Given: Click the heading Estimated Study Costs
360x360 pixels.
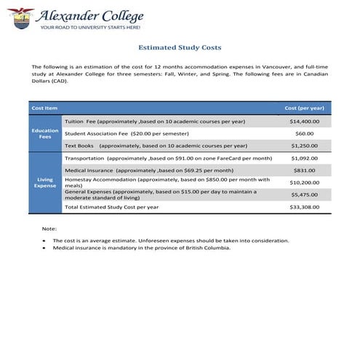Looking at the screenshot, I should [x=179, y=46].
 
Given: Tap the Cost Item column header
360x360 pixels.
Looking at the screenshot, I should [x=44, y=108].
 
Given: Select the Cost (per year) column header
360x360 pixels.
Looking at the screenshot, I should [x=304, y=108].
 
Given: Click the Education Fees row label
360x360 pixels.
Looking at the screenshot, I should [x=45, y=133].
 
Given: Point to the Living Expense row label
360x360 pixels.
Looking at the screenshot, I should [x=45, y=182].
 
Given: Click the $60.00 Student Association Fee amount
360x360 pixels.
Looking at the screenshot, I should [x=304, y=133].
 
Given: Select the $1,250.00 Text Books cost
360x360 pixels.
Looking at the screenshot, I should [x=304, y=145].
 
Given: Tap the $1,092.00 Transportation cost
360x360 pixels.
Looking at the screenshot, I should [x=304, y=158].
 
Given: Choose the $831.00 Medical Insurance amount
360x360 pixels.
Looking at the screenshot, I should [x=304, y=170].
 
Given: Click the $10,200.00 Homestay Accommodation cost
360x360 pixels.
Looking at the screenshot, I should [x=304, y=183].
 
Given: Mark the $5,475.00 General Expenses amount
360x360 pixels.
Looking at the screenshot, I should [x=304, y=195].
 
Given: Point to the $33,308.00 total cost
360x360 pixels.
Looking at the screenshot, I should [x=304, y=207].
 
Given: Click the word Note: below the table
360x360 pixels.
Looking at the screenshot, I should [x=49, y=229].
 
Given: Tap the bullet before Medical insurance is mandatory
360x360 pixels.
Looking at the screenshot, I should [x=44, y=247].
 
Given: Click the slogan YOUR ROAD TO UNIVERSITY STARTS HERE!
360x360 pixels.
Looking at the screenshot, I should [x=92, y=27].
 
